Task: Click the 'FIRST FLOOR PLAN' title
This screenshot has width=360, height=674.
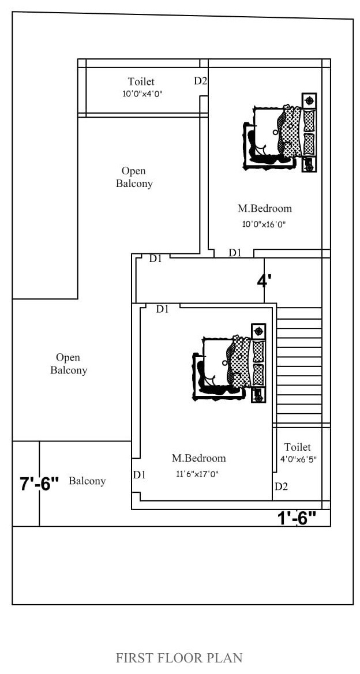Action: (x=179, y=658)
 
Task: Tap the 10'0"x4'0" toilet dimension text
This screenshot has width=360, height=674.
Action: (x=142, y=94)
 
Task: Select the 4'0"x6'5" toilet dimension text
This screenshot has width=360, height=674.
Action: (x=299, y=459)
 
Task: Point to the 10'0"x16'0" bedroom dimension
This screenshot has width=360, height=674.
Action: (x=264, y=224)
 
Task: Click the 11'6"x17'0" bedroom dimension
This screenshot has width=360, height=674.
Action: (x=198, y=474)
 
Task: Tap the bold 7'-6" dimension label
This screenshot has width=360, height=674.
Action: (x=39, y=484)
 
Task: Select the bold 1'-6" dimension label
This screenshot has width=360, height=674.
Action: (x=297, y=518)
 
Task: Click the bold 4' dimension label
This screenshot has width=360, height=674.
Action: (x=264, y=281)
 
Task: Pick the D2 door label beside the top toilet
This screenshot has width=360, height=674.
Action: (x=201, y=81)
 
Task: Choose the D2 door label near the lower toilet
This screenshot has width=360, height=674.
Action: (x=281, y=486)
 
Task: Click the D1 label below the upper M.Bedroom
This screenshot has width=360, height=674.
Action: (x=235, y=253)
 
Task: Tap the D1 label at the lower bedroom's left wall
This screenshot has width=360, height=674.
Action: (x=139, y=475)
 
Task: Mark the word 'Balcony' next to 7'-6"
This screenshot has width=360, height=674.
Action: (x=87, y=481)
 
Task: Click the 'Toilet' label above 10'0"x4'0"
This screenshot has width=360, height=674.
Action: (x=141, y=82)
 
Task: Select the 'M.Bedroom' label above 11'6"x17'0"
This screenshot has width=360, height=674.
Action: (x=199, y=458)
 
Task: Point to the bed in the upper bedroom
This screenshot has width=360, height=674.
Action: (x=280, y=132)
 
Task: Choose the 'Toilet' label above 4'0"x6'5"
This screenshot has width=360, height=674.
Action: (x=297, y=447)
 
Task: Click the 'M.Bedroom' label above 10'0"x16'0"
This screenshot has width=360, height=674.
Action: (x=265, y=209)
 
